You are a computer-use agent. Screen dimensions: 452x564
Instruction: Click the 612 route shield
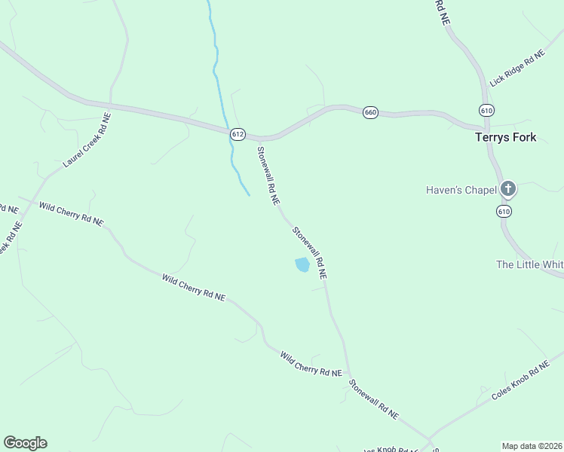coord(238,134)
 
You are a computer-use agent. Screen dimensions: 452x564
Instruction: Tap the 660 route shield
coord(369,112)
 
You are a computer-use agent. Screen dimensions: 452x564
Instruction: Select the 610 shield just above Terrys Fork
coord(486,111)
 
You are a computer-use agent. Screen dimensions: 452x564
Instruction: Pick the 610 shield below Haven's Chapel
coord(504,212)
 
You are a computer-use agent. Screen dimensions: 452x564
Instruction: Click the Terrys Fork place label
coord(505,137)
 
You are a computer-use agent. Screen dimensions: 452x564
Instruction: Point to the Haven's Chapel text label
coord(460,190)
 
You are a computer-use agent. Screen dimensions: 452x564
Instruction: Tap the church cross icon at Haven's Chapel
coord(508,188)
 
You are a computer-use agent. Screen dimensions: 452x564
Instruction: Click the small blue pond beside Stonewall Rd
coord(302,264)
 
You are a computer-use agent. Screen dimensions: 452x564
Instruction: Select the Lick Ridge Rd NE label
coord(516,69)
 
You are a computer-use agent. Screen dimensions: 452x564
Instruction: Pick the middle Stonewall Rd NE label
coord(309,254)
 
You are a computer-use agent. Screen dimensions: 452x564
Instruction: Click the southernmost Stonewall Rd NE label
coord(373,399)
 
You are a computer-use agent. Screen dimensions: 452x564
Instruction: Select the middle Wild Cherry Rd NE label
coord(194,288)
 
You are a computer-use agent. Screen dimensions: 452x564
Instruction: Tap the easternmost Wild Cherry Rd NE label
coord(311,364)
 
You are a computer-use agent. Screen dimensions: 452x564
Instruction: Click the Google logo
coord(25,443)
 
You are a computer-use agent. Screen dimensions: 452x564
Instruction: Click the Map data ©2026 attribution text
coord(532,445)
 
